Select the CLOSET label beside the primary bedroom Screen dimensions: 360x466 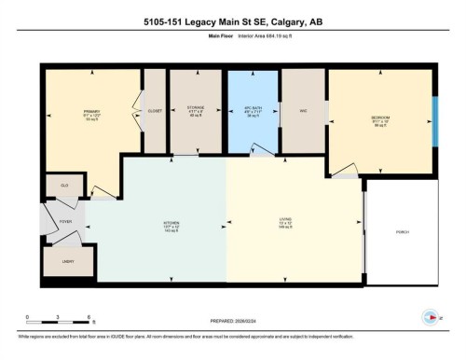pos(155,111)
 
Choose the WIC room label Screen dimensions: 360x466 pos(303,111)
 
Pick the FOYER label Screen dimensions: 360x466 pos(66,222)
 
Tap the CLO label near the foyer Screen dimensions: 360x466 pos(65,186)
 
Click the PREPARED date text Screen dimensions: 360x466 pos(236,315)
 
